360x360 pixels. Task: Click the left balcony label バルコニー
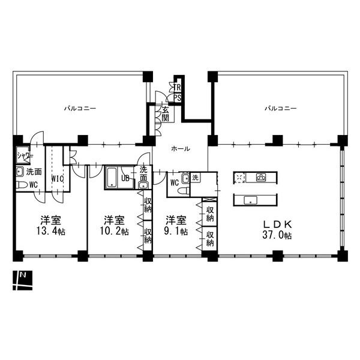[80, 109]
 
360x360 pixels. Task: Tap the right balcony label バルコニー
[281, 109]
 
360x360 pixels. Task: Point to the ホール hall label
[181, 148]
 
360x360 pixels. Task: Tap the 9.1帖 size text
[176, 232]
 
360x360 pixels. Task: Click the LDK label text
[277, 224]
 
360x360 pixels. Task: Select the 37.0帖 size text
[277, 236]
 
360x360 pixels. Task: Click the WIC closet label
[58, 178]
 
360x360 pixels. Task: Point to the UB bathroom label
[125, 178]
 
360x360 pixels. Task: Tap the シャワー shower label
[25, 155]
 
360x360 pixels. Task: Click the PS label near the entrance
[178, 98]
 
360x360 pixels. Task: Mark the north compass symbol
[23, 280]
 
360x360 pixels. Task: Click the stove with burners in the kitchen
[262, 177]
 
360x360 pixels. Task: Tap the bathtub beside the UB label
[112, 178]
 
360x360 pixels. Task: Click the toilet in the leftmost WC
[22, 185]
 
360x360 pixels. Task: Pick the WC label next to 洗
[174, 183]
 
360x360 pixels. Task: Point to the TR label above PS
[178, 87]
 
